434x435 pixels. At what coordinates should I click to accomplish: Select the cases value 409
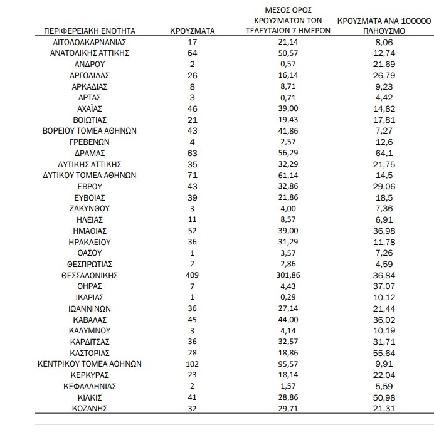click(x=193, y=275)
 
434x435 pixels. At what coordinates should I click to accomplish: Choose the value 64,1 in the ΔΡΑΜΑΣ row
click(x=382, y=152)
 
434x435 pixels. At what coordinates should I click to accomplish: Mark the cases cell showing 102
click(x=193, y=364)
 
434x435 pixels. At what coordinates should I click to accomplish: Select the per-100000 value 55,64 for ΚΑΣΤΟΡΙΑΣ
click(x=382, y=352)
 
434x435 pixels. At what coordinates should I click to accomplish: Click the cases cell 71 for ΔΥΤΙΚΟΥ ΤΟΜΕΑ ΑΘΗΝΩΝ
click(x=193, y=175)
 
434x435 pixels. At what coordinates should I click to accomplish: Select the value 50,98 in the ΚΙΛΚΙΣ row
click(x=382, y=397)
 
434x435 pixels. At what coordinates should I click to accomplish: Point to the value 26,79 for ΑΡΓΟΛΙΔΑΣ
click(x=382, y=75)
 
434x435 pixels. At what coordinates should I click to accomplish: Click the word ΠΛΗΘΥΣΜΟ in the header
click(x=382, y=31)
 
